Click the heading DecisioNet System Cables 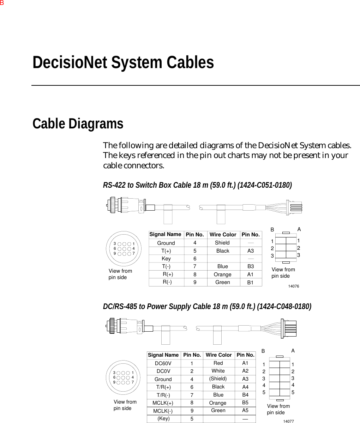pyautogui.click(x=123, y=63)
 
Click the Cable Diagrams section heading pyautogui.click(x=78, y=124)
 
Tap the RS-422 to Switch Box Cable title pyautogui.click(x=197, y=185)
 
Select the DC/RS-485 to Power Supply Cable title pyautogui.click(x=207, y=307)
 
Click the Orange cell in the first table pyautogui.click(x=222, y=274)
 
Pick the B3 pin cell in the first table pyautogui.click(x=250, y=267)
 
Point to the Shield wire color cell pyautogui.click(x=222, y=243)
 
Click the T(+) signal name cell pyautogui.click(x=166, y=251)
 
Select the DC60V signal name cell pyautogui.click(x=163, y=363)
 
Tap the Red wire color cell pyautogui.click(x=218, y=363)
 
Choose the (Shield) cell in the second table pyautogui.click(x=218, y=379)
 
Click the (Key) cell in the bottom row pyautogui.click(x=163, y=419)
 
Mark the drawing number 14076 pyautogui.click(x=293, y=286)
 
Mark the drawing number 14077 pyautogui.click(x=289, y=421)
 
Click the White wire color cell pyautogui.click(x=218, y=371)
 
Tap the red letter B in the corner pyautogui.click(x=2, y=3)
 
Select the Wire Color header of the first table pyautogui.click(x=223, y=235)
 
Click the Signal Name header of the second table pyautogui.click(x=163, y=355)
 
